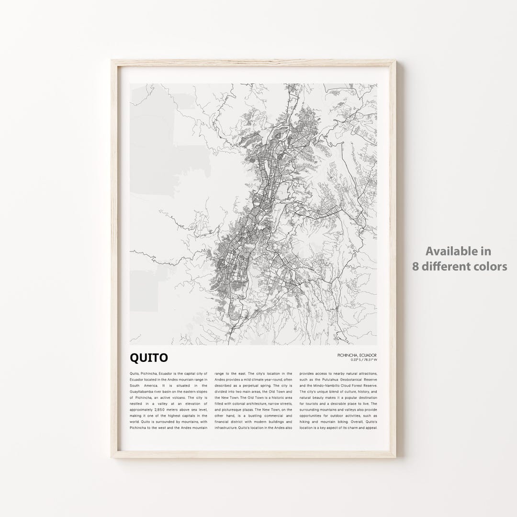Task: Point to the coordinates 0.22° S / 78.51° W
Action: [x=360, y=360]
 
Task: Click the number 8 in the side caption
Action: [x=416, y=266]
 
